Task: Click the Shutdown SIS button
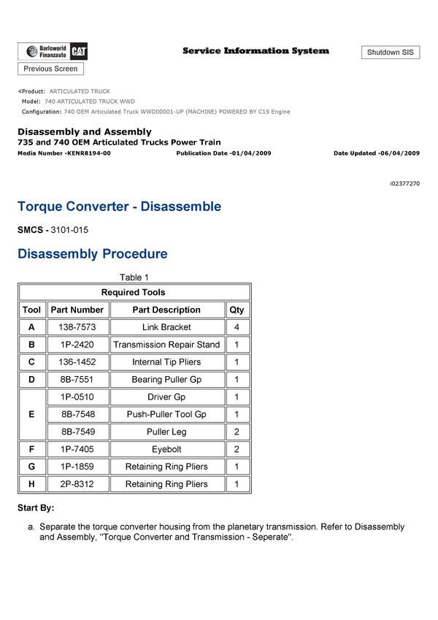pos(390,53)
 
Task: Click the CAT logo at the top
pos(79,51)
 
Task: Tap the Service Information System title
pos(255,50)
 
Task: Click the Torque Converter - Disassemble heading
pos(119,207)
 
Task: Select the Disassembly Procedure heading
pos(93,254)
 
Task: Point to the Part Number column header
pos(77,310)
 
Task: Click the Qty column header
pos(237,310)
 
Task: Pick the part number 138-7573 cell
pos(77,327)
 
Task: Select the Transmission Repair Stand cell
pos(166,345)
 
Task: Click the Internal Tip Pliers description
pos(166,362)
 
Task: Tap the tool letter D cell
pos(31,380)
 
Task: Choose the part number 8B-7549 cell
pos(77,432)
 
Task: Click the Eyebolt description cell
pos(166,449)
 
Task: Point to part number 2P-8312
pos(77,484)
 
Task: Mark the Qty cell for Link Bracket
pos(237,327)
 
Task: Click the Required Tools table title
pos(134,292)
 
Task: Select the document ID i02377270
pos(405,183)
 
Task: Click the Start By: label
pos(36,508)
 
